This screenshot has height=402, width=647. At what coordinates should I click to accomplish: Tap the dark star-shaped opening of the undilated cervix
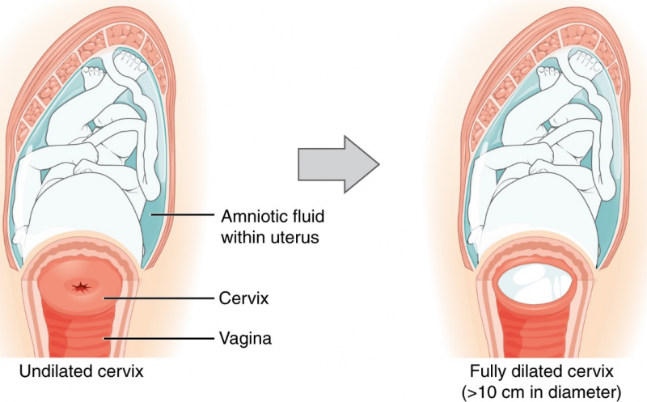tap(80, 287)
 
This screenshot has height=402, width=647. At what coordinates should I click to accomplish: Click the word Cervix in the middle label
tap(244, 298)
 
